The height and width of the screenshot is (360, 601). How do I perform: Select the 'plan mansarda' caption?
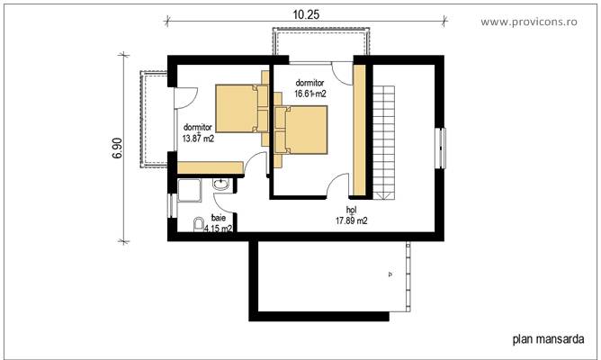tap(549, 340)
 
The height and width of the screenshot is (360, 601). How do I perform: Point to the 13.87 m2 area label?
tap(199, 139)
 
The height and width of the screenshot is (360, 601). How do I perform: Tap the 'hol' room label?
tap(351, 210)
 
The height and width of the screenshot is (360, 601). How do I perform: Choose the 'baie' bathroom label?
tap(219, 218)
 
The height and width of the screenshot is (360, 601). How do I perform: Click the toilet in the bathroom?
tap(199, 224)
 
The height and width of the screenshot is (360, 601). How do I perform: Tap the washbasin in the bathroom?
tap(221, 185)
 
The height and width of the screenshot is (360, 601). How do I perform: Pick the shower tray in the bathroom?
tap(191, 193)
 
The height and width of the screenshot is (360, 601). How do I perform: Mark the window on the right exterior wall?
tap(441, 148)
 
